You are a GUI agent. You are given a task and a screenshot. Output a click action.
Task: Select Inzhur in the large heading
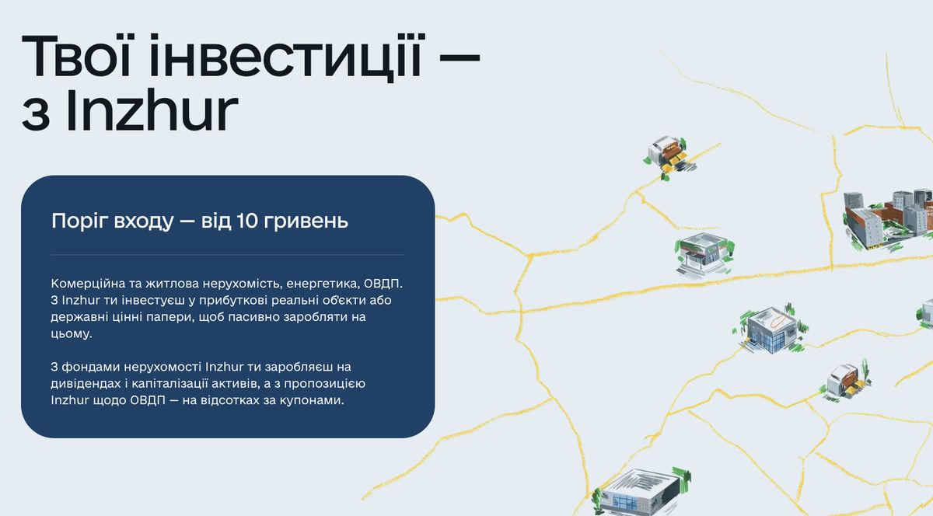pos(151,111)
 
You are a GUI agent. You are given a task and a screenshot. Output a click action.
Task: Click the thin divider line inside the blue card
pos(228,255)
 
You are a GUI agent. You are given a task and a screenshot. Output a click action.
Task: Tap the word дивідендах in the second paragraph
pos(85,383)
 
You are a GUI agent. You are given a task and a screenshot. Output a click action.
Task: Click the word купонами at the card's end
pos(315,400)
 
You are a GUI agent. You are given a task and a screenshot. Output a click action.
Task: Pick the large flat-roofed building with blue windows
pos(638,490)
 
